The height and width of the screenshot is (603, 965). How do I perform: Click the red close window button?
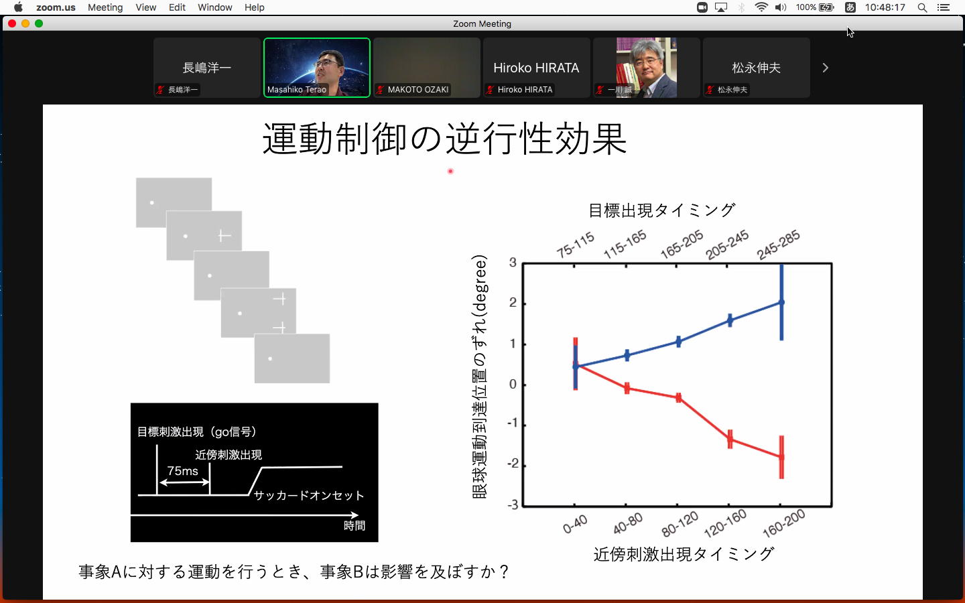coord(12,23)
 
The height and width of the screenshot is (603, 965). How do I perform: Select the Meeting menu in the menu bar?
coord(105,7)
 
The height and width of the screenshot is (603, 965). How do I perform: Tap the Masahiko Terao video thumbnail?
coord(316,68)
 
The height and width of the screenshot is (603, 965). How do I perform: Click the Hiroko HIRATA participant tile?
coord(536,68)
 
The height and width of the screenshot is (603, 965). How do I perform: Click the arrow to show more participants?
coord(825,68)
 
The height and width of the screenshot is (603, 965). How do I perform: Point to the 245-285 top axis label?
coord(778,245)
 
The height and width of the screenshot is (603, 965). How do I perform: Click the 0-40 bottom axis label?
coord(575,524)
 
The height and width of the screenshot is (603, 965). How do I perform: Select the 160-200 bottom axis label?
coord(783,523)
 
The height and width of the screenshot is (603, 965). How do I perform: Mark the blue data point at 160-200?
coord(781,302)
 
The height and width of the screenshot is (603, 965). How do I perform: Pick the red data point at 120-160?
coord(730,440)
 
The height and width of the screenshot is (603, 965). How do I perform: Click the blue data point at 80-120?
coord(678,342)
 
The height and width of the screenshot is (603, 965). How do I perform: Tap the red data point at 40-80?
coord(627,388)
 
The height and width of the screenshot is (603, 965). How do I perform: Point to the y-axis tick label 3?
coord(513,263)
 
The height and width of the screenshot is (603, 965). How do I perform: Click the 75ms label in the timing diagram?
coord(183,471)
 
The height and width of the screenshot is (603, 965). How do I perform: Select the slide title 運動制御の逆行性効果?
coord(444,138)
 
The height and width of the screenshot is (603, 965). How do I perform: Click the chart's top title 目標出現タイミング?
coord(661,210)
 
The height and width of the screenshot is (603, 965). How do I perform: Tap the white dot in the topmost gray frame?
coord(151,202)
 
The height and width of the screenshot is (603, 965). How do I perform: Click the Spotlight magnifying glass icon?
coord(922,7)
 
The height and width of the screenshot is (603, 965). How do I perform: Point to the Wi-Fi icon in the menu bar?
coord(761,7)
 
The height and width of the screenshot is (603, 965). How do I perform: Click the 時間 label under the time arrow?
coord(354,525)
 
